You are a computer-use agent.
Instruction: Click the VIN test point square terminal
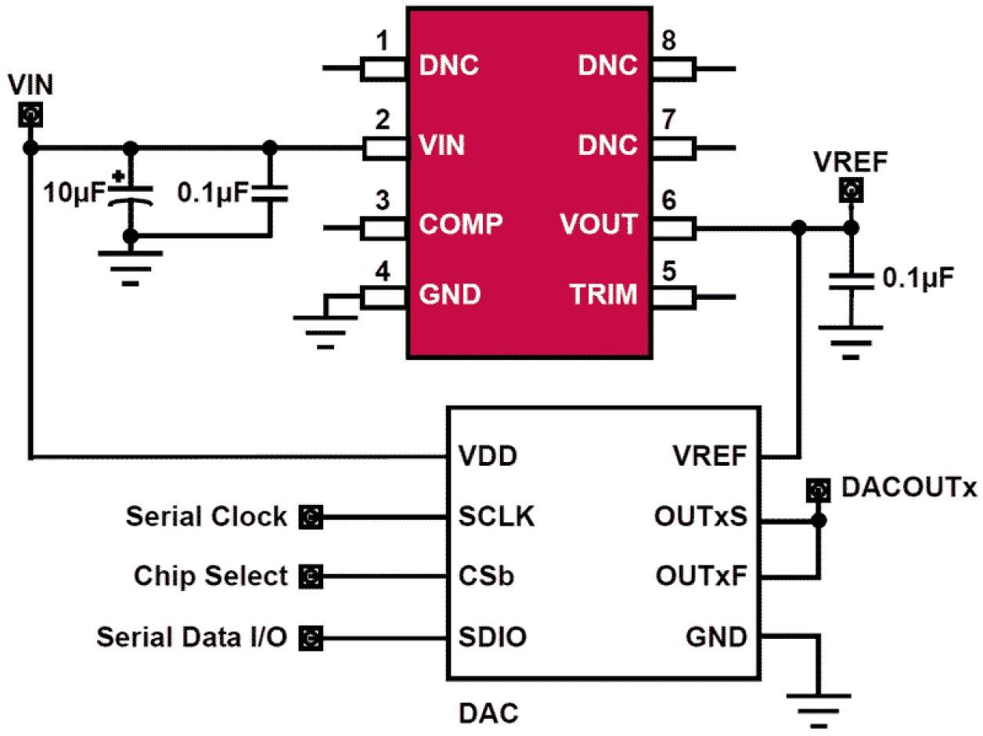coord(31,117)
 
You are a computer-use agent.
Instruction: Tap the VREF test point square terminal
coord(852,190)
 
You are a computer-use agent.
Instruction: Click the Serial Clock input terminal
coord(311,517)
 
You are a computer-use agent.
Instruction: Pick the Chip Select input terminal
coord(311,577)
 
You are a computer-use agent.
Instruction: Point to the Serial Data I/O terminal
coord(311,638)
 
